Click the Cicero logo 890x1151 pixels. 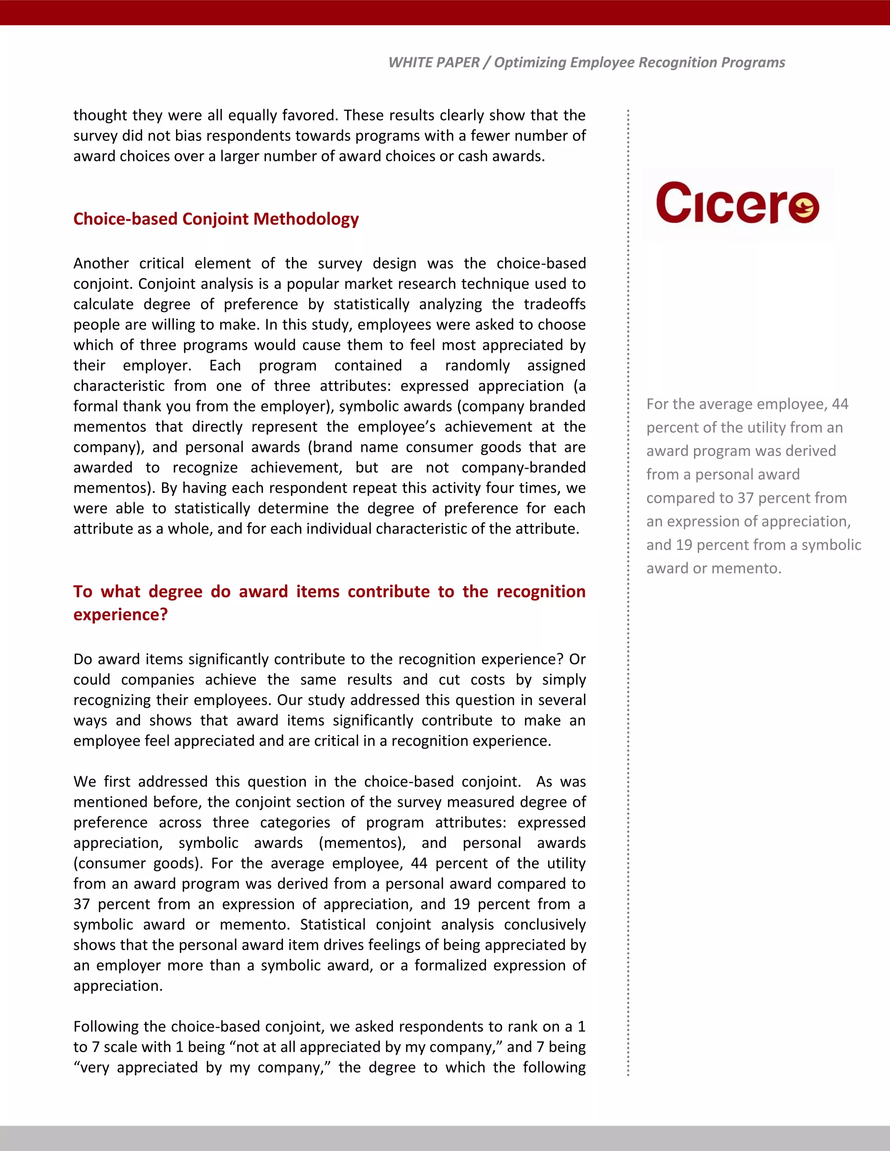pos(737,203)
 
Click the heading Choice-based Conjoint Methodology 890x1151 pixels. pos(216,219)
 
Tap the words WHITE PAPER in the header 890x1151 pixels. pos(433,63)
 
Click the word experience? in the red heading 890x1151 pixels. pos(120,615)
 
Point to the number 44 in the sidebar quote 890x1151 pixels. pos(840,404)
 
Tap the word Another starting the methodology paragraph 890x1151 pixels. pos(101,264)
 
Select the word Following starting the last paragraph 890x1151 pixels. pos(106,1027)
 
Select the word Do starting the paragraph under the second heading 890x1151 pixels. pos(83,659)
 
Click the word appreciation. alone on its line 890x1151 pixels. pos(118,986)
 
